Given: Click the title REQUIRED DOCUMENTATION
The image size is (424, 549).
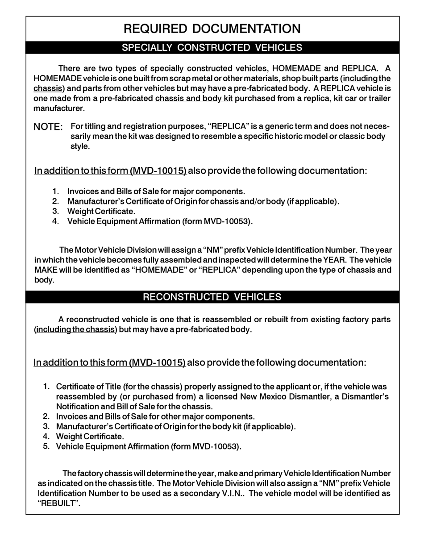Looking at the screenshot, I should click(x=212, y=29).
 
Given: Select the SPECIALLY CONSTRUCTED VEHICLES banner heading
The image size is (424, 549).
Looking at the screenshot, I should click(x=212, y=48).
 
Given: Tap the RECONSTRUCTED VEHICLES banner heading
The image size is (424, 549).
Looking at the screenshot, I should click(x=212, y=297).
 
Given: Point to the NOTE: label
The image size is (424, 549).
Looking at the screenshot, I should click(x=48, y=127).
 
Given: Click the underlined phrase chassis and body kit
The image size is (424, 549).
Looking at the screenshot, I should click(x=194, y=98).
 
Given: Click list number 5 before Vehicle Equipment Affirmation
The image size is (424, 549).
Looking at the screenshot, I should click(x=46, y=446).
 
